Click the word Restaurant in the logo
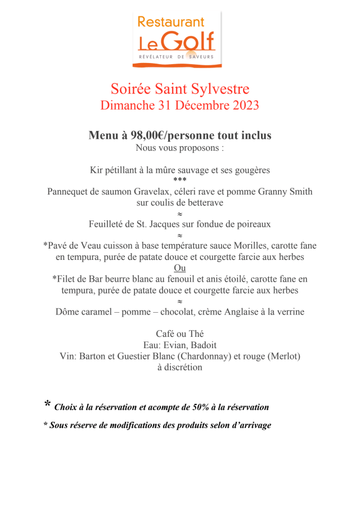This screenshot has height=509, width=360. pyautogui.click(x=171, y=22)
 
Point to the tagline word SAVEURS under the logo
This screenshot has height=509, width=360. pyautogui.click(x=200, y=57)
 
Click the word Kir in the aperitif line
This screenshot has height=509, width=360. pyautogui.click(x=97, y=170)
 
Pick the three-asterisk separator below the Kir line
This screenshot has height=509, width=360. pyautogui.click(x=180, y=180)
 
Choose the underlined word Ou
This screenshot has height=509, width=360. pyautogui.click(x=180, y=268)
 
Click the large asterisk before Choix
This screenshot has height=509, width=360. pyautogui.click(x=48, y=404)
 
